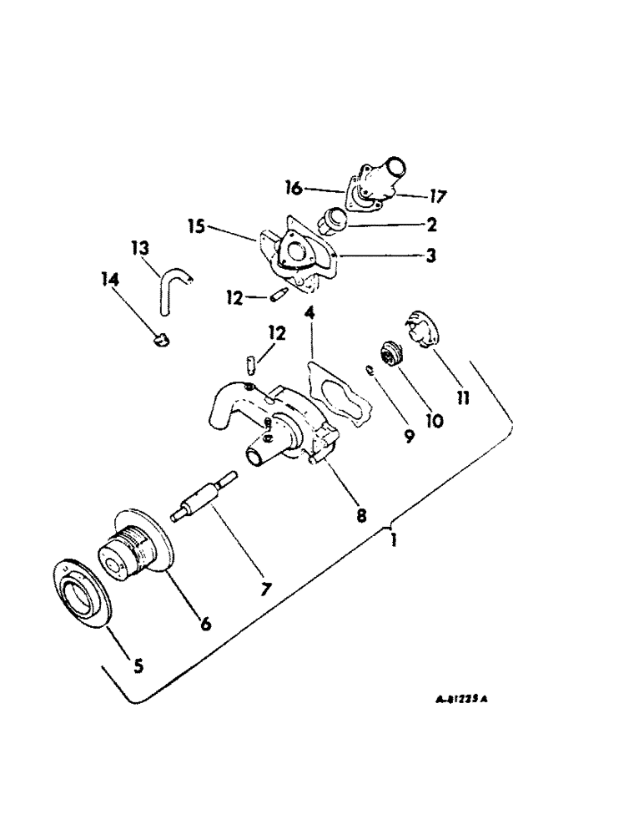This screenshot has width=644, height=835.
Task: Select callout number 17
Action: [x=436, y=198]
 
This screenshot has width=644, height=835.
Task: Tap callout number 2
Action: [x=430, y=224]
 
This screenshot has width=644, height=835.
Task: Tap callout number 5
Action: [x=138, y=665]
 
